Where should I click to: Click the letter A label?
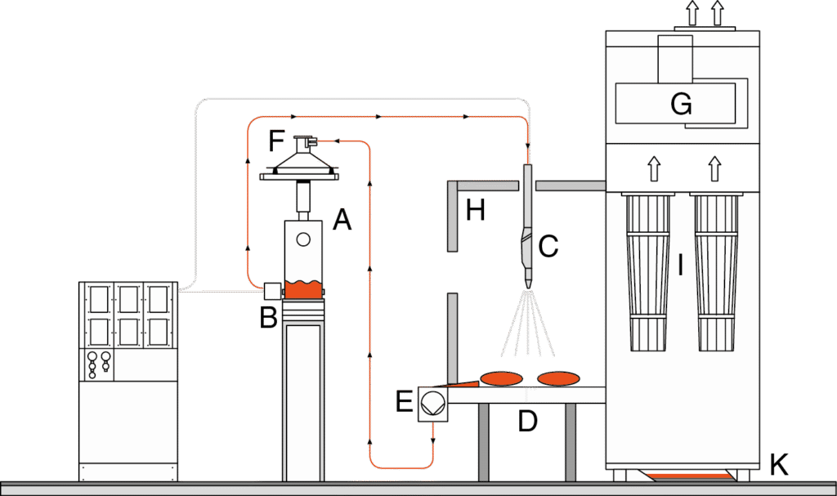pos(342,219)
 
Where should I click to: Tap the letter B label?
pos(268,317)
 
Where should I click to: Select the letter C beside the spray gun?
pos(548,245)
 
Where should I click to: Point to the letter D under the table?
pos(528,422)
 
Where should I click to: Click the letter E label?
pos(405,401)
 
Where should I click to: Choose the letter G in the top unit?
pos(681,104)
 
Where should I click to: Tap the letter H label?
pos(476,211)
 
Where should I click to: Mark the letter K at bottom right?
pos(779,465)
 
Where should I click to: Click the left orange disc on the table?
pos(501,378)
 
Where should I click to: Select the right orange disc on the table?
pos(558,378)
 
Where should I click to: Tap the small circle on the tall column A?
pos(303,239)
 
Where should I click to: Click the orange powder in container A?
pos(304,290)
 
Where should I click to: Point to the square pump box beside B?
pos(271,290)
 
